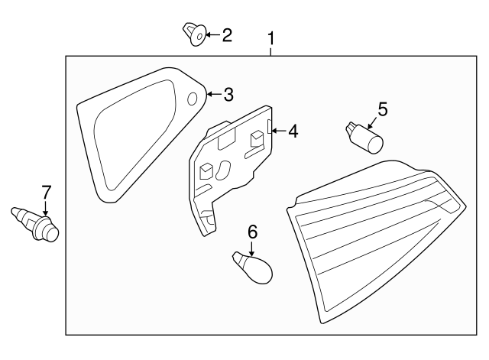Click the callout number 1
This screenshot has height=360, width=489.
tap(270, 39)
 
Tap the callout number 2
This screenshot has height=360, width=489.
tap(227, 35)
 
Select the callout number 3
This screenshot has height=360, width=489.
tap(228, 94)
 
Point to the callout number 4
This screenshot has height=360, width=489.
tap(293, 131)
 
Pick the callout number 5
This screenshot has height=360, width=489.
tap(383, 109)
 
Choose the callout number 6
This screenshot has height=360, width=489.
tap(252, 232)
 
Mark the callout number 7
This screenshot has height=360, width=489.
tap(46, 193)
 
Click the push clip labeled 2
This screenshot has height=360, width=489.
tap(194, 34)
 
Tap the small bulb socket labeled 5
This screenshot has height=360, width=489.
tap(364, 138)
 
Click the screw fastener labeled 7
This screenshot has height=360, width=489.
tap(35, 224)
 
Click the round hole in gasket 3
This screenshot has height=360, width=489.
tap(192, 99)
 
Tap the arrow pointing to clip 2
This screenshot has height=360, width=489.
tap(212, 34)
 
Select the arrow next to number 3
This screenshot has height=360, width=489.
tap(214, 93)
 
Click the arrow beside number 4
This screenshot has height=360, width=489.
tap(279, 131)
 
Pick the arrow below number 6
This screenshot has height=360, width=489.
tap(251, 248)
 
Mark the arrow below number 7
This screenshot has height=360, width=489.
tap(46, 209)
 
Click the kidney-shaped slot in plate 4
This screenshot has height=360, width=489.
tap(222, 170)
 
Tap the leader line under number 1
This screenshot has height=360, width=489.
tap(270, 52)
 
